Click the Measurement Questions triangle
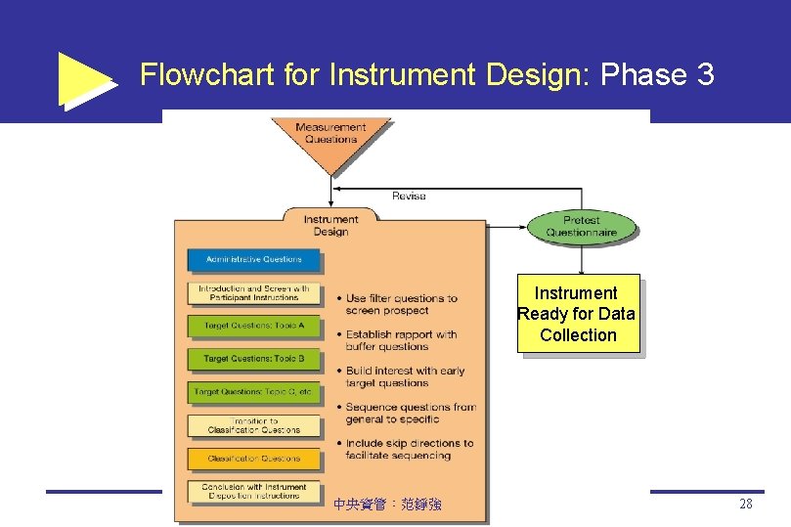coord(330,136)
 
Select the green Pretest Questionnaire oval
coord(582,227)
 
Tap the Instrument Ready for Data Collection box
coord(579,314)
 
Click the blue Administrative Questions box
coord(254,259)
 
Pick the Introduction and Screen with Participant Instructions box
coord(254,293)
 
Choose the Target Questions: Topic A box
coord(254,326)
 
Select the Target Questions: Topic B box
coord(254,359)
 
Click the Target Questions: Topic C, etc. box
coord(254,392)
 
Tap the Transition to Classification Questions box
coord(254,425)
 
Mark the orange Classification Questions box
coord(254,459)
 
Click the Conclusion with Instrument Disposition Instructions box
coord(254,492)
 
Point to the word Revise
coord(409,197)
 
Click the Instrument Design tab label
coord(330,225)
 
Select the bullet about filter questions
coord(401,304)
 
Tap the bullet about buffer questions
coord(401,340)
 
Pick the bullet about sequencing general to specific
coord(410,413)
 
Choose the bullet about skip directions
coord(409,449)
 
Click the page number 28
coord(746,505)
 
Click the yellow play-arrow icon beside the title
coord(86,78)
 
